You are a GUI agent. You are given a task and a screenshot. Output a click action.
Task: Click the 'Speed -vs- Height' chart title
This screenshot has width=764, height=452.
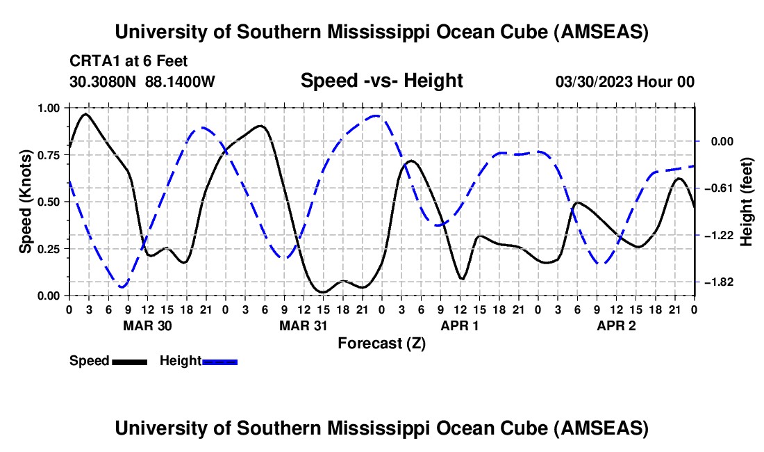pyautogui.click(x=381, y=81)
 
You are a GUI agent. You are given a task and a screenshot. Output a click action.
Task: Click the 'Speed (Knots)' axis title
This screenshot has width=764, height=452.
pyautogui.click(x=26, y=202)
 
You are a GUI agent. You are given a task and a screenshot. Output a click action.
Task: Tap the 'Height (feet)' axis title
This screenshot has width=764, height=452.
pyautogui.click(x=746, y=202)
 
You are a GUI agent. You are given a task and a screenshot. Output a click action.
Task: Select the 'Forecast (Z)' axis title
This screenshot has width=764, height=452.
pyautogui.click(x=381, y=343)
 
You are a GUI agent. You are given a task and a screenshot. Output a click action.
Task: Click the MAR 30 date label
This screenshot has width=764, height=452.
pyautogui.click(x=147, y=325)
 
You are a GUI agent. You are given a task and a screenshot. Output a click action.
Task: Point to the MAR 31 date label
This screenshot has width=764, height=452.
pyautogui.click(x=304, y=325)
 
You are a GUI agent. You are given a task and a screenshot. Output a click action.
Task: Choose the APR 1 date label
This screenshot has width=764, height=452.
pyautogui.click(x=460, y=325)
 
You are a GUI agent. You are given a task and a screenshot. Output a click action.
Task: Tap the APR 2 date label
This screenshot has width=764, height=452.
pyautogui.click(x=617, y=325)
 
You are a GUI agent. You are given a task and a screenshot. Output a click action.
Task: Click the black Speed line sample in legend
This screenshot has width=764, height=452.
pyautogui.click(x=130, y=361)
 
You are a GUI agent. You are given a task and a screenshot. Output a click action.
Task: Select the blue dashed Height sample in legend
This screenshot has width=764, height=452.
pyautogui.click(x=220, y=361)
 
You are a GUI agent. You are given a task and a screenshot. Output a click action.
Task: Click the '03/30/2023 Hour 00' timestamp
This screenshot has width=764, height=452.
pyautogui.click(x=625, y=81)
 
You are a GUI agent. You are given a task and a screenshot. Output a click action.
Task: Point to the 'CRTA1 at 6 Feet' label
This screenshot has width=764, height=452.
pyautogui.click(x=128, y=61)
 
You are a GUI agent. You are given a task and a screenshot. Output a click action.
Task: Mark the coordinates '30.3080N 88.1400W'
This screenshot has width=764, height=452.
pyautogui.click(x=142, y=81)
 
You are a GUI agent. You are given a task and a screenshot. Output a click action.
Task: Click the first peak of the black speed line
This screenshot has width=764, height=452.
pyautogui.click(x=85, y=114)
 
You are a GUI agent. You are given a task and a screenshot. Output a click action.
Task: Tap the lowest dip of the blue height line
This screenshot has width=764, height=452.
pyautogui.click(x=122, y=286)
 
